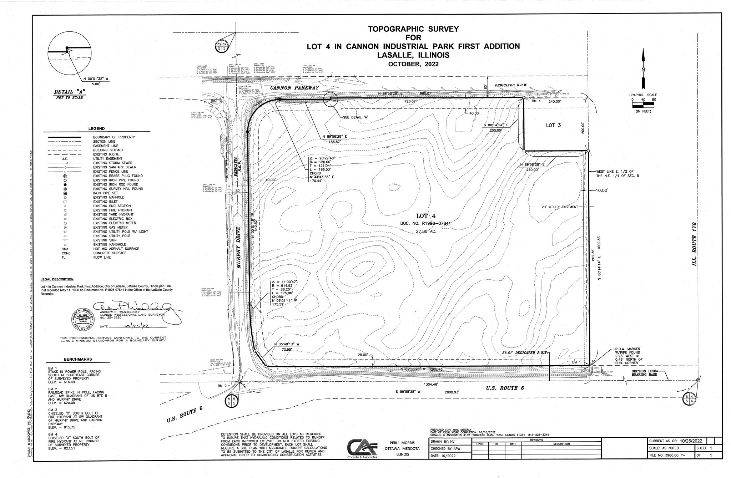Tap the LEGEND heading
point(96,129)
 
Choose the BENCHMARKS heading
point(78,359)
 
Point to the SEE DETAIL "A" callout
point(354,117)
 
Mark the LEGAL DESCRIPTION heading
point(57,279)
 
